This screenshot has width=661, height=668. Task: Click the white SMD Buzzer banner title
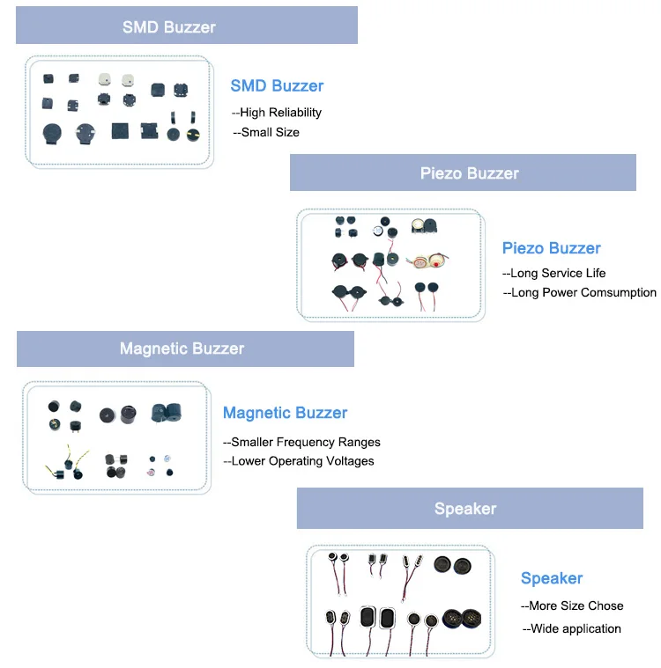(168, 26)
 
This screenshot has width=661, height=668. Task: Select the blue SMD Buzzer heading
(277, 85)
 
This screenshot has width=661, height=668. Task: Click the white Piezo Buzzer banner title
(469, 173)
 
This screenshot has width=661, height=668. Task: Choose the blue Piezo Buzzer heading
(551, 248)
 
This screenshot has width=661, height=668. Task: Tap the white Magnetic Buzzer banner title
(182, 349)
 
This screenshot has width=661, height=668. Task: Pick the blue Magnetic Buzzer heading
(285, 413)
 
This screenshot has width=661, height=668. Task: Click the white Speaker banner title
(465, 509)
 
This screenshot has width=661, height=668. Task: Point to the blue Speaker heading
(552, 578)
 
